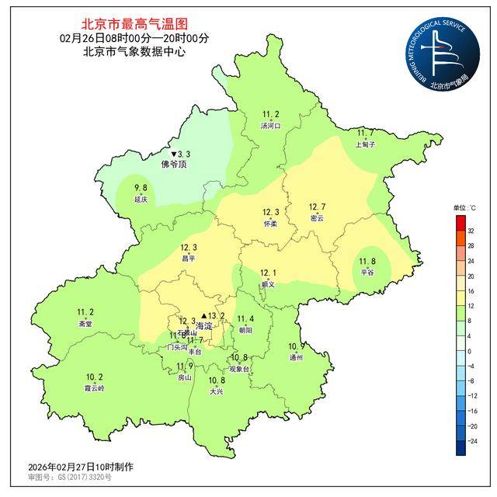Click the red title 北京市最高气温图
coord(134,25)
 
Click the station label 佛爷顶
coord(174,165)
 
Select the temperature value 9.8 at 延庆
coord(141,188)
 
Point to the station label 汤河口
coord(270,125)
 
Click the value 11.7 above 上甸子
coord(365,134)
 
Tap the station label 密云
coord(317,218)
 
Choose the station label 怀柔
coord(270,223)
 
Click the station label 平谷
coord(367,273)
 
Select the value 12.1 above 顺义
coord(269,273)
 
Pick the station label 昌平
coord(189,258)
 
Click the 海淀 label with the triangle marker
coord(203,325)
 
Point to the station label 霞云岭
coord(93,387)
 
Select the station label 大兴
coord(217,391)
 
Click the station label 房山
coord(185,377)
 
